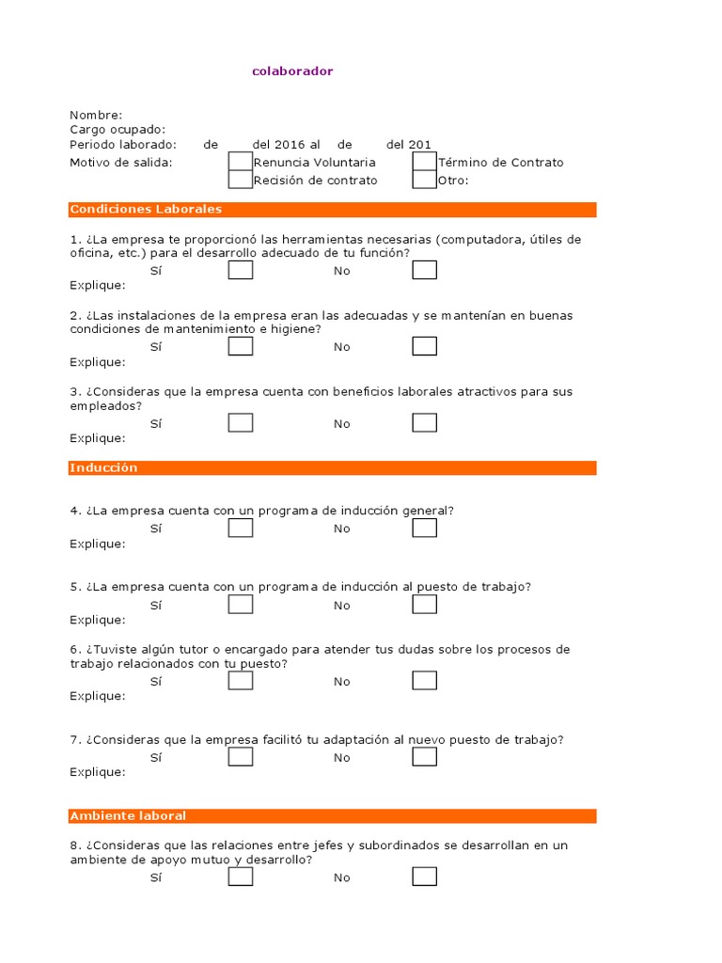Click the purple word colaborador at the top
click(x=292, y=71)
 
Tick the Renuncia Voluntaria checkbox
click(x=241, y=162)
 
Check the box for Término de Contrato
click(x=425, y=162)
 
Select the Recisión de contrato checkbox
click(x=241, y=180)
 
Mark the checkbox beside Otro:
click(x=425, y=180)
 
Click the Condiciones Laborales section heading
click(x=146, y=209)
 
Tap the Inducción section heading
click(x=103, y=467)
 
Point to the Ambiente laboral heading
click(x=128, y=815)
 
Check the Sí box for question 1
click(x=241, y=270)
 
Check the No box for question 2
click(x=425, y=346)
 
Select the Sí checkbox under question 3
click(x=241, y=423)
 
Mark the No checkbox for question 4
click(x=425, y=528)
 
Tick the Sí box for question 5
click(x=241, y=605)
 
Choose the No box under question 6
click(x=425, y=681)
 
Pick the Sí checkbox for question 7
click(x=241, y=757)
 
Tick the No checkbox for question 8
click(x=425, y=876)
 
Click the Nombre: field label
click(x=96, y=115)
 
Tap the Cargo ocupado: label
click(x=118, y=130)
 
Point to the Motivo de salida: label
click(x=120, y=163)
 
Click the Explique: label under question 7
click(x=97, y=772)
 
